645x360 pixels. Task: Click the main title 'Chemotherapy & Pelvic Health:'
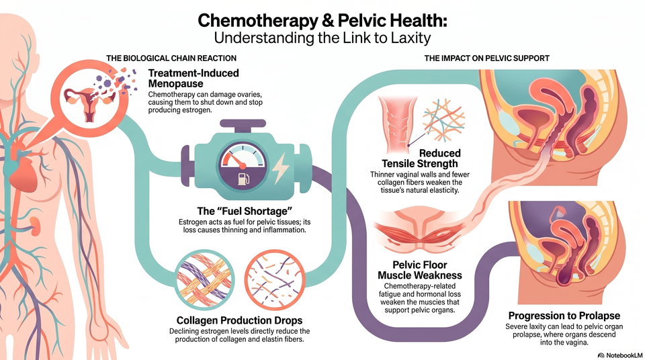[322, 21]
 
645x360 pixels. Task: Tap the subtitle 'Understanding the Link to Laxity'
[322, 38]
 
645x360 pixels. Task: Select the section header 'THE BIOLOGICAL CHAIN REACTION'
[171, 58]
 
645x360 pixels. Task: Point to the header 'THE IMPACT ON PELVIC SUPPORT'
[486, 58]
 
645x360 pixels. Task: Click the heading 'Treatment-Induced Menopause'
[193, 78]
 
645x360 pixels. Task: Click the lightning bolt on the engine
[282, 167]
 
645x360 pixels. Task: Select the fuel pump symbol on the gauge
[243, 179]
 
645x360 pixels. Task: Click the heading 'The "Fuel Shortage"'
[245, 211]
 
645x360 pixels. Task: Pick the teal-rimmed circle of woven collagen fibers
[204, 280]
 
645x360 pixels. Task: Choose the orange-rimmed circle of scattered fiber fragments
[275, 280]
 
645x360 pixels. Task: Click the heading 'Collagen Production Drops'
[239, 320]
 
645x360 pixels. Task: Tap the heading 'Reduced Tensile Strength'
[419, 159]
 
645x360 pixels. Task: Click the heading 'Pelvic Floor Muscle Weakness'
[419, 270]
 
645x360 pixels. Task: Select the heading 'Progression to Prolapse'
[564, 316]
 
